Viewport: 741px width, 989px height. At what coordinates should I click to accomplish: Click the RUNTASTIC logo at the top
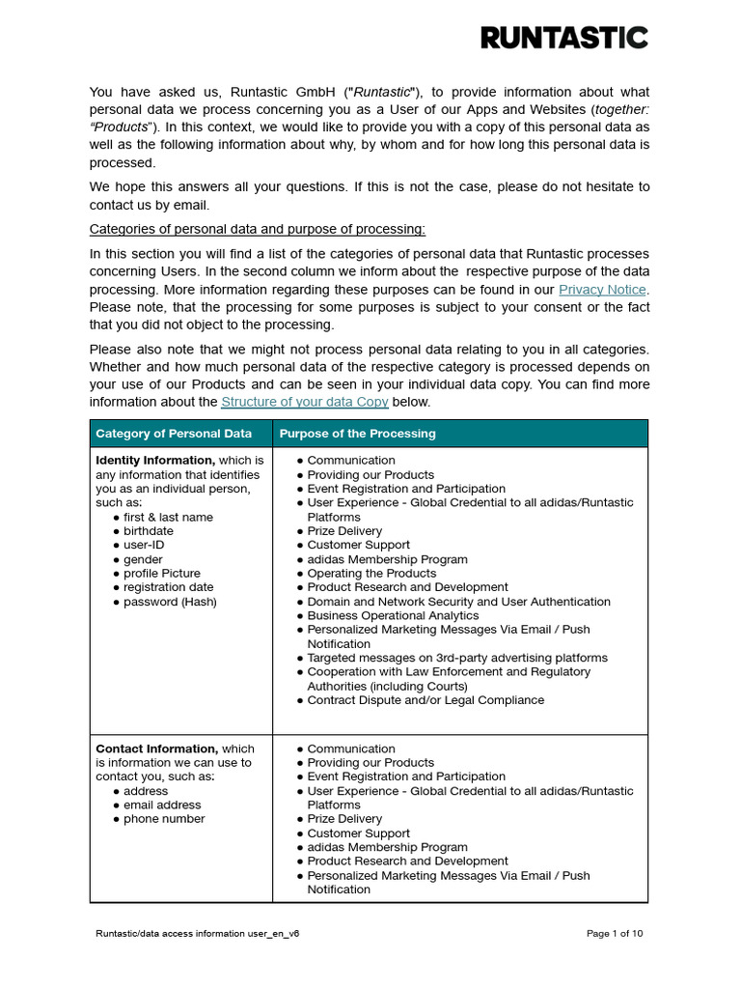[x=564, y=38]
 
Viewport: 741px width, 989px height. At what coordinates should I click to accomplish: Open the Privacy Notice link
[x=603, y=290]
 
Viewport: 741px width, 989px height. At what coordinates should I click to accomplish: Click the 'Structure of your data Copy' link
[x=305, y=402]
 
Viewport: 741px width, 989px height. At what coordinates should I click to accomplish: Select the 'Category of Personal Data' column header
[x=174, y=434]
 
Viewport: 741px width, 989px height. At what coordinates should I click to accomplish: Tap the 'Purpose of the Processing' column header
[x=357, y=434]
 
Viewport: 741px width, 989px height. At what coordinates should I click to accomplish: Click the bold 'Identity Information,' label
[x=155, y=461]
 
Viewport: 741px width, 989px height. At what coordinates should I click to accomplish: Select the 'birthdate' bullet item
[x=149, y=531]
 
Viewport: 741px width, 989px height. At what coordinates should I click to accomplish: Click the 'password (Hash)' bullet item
[x=170, y=602]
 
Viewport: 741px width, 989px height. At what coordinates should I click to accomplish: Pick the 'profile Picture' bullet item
[x=162, y=574]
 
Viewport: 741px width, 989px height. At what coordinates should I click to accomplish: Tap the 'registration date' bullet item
[x=168, y=587]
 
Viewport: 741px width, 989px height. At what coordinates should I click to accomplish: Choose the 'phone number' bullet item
[x=164, y=819]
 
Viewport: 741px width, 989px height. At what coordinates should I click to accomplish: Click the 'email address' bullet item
[x=162, y=805]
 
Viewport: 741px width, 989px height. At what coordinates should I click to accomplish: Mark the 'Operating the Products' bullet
[x=371, y=574]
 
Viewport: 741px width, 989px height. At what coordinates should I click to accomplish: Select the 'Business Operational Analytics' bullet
[x=393, y=615]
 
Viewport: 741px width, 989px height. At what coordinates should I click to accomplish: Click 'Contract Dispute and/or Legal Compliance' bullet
[x=425, y=700]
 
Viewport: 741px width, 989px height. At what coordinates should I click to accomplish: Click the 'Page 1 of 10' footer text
[x=615, y=934]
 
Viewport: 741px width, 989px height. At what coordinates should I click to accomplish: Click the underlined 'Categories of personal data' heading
[x=257, y=229]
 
